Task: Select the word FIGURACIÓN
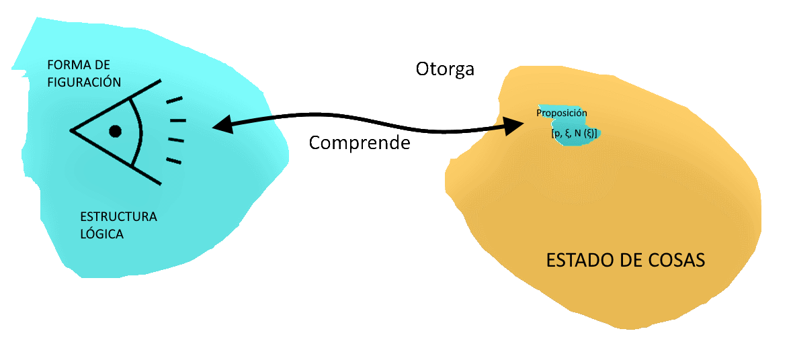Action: [x=84, y=83]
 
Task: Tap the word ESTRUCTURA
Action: [x=118, y=217]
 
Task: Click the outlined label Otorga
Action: [x=446, y=69]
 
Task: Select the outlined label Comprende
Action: [x=360, y=142]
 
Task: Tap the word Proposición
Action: [x=562, y=113]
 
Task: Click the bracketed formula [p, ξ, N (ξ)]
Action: [x=575, y=133]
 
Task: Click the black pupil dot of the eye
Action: [x=115, y=131]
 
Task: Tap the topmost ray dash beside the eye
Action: [x=173, y=100]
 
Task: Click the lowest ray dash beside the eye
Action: [x=173, y=161]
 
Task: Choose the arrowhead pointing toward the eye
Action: [x=222, y=124]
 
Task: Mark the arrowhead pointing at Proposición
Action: [x=513, y=126]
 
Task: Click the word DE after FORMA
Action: [x=102, y=65]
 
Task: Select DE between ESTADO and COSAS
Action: [x=626, y=261]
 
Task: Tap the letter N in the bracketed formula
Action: [x=578, y=133]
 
